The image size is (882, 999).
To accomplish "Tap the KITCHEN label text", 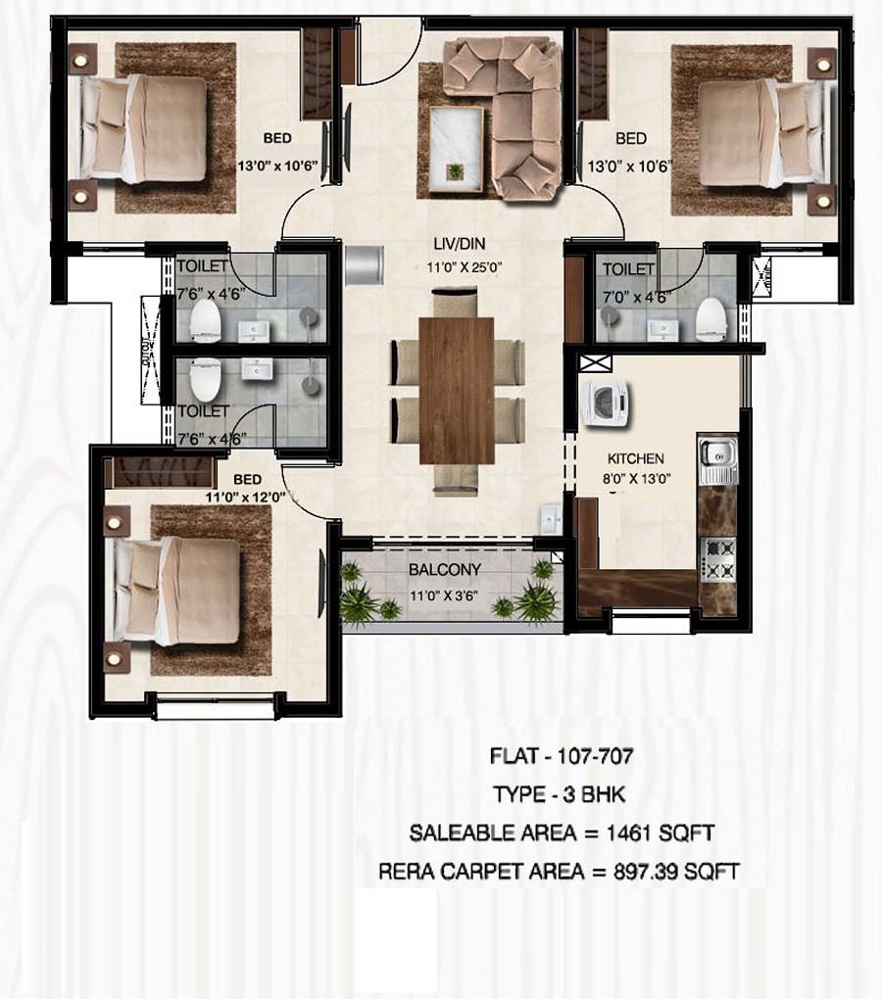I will point(635,458).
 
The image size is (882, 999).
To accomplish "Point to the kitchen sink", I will point(716,459).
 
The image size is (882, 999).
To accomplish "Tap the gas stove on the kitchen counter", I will point(717,560).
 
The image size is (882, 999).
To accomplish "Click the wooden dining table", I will point(456,390).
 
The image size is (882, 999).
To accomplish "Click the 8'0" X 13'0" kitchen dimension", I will point(635,479).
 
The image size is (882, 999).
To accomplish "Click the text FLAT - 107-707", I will point(561,756).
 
